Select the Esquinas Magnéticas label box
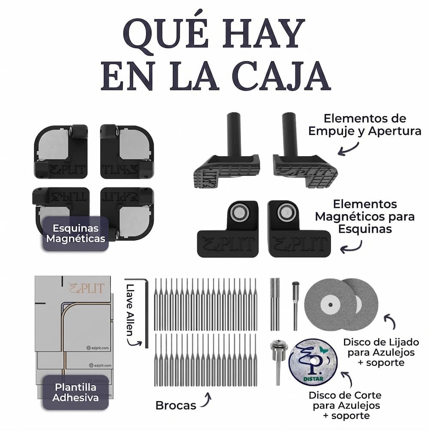tap(76, 233)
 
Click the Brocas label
tap(176, 405)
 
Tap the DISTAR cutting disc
tap(313, 359)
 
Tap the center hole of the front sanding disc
tap(329, 305)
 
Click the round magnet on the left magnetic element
tap(238, 212)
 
